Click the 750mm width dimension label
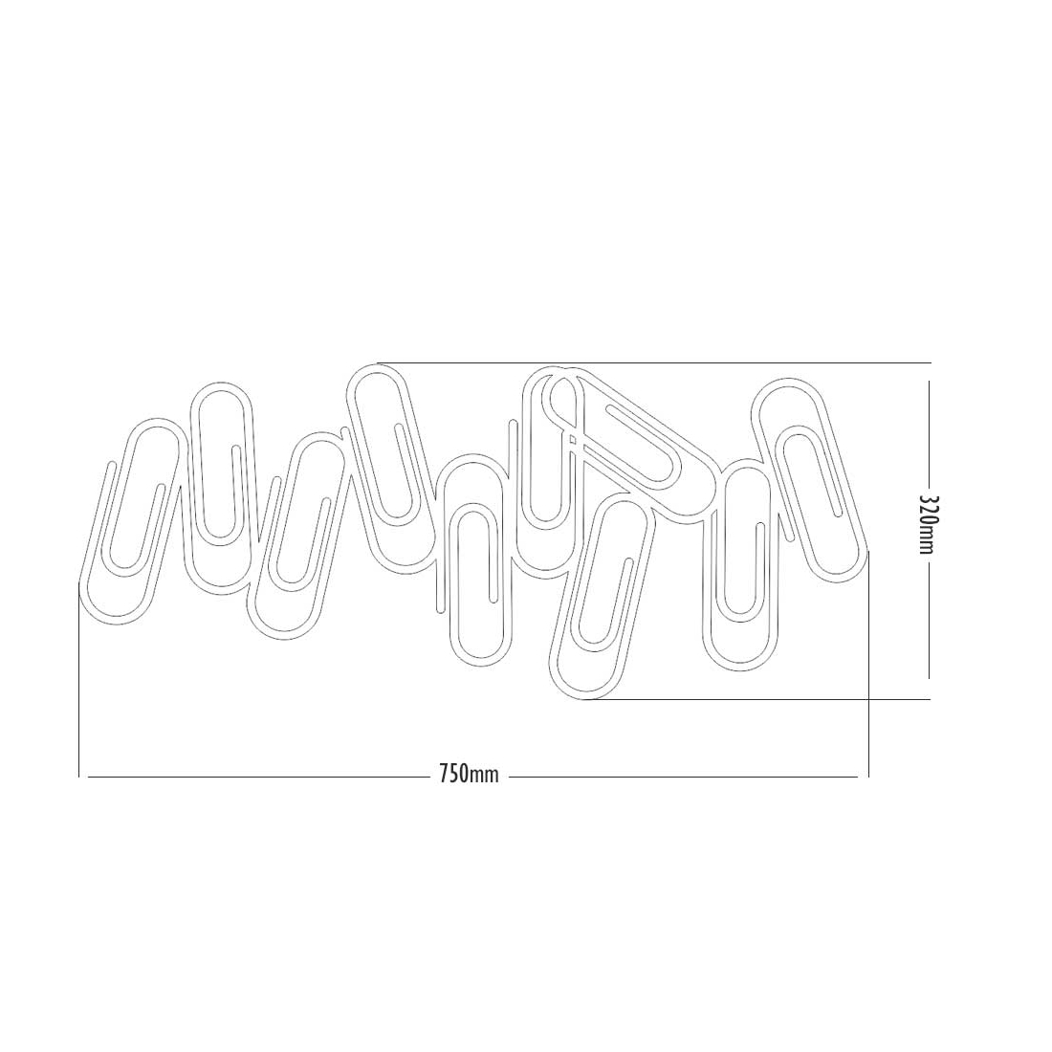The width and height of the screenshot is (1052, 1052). pyautogui.click(x=469, y=775)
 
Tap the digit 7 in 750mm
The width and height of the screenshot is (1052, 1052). pyautogui.click(x=444, y=775)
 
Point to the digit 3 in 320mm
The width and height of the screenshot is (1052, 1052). pyautogui.click(x=928, y=501)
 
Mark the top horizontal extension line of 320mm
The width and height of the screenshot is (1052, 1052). pyautogui.click(x=654, y=362)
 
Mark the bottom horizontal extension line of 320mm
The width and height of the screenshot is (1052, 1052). pyautogui.click(x=757, y=699)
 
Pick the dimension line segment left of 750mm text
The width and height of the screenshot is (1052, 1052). pyautogui.click(x=259, y=777)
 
